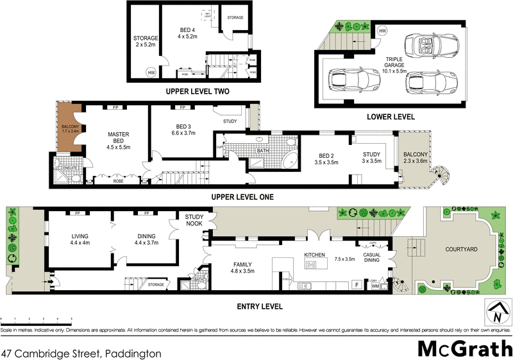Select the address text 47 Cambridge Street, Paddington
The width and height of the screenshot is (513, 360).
tap(81, 353)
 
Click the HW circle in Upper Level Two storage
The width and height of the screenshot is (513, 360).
tap(151, 73)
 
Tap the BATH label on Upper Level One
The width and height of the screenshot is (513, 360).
tap(263, 151)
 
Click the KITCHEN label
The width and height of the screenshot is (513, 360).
tap(315, 255)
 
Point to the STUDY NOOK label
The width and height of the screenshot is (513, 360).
tap(194, 220)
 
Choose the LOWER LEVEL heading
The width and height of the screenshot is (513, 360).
tap(391, 117)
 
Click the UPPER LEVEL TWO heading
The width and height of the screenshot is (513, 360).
tap(198, 91)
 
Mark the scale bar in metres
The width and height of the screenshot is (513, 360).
tap(36, 321)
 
